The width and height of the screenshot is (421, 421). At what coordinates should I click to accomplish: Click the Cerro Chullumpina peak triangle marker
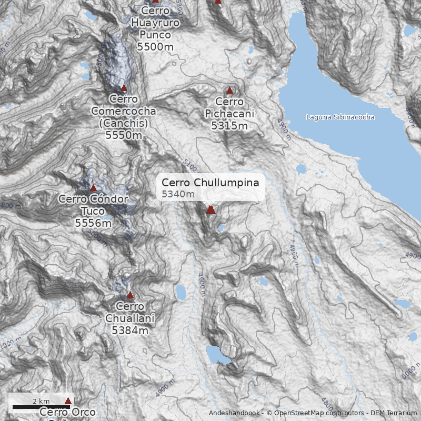(210, 210)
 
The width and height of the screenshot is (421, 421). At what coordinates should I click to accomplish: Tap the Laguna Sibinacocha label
(340, 117)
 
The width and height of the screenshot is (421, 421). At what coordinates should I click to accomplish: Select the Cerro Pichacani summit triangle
(229, 91)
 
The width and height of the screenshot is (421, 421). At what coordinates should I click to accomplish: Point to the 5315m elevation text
(229, 126)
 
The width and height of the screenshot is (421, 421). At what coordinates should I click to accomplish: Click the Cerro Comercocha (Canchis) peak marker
(124, 88)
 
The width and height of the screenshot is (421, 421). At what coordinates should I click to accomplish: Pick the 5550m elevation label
(124, 135)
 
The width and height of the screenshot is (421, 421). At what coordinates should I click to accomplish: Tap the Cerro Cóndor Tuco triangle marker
(93, 188)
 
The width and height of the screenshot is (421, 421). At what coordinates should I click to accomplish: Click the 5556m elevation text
(93, 223)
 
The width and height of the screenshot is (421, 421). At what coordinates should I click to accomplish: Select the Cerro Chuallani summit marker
(130, 295)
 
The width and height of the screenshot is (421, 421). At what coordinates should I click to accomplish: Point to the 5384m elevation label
(130, 330)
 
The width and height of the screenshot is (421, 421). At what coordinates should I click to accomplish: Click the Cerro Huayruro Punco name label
(155, 23)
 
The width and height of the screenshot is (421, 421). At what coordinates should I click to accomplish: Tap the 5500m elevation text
(155, 46)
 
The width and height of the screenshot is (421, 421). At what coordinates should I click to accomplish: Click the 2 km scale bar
(41, 406)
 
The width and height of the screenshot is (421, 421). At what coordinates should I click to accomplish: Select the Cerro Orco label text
(67, 413)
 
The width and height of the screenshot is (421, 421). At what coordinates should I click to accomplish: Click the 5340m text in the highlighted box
(178, 194)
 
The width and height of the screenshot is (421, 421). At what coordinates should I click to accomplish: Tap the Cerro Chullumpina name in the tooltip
(210, 183)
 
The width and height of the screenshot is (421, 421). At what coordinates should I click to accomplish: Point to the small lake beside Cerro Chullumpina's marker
(222, 228)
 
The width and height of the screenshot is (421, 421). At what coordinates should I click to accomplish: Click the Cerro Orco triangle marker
(67, 401)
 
